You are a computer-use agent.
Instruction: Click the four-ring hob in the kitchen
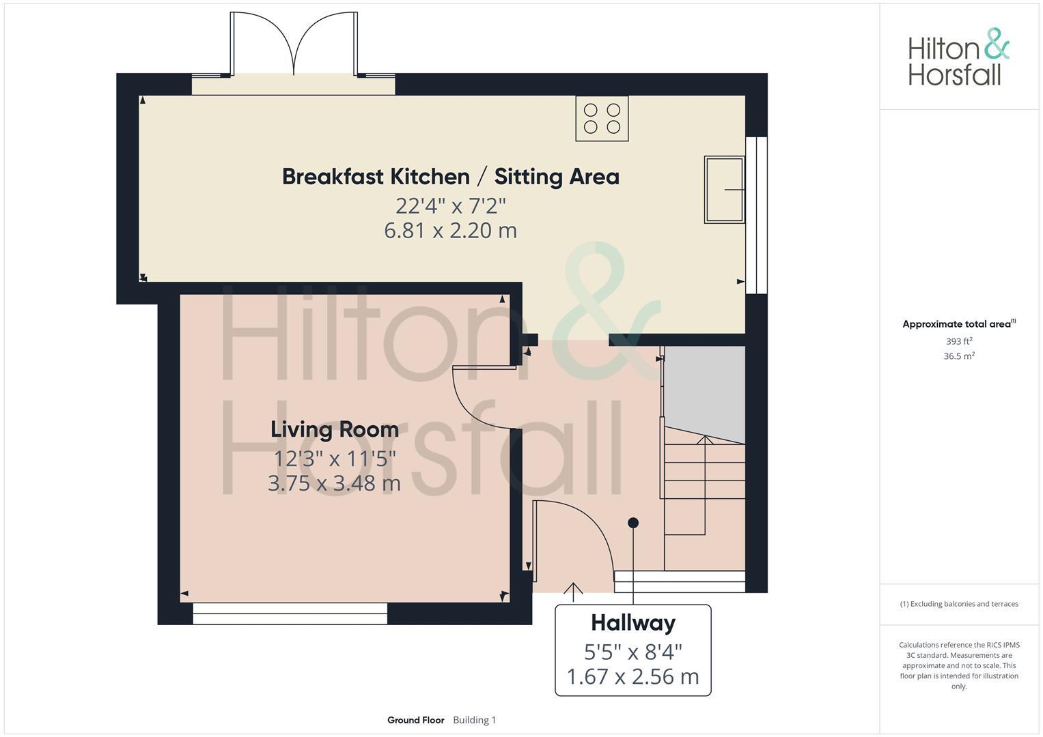(602, 119)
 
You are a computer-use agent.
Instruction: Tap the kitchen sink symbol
(724, 189)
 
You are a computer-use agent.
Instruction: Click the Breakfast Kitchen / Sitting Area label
(450, 177)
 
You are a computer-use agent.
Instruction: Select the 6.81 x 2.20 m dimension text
(450, 231)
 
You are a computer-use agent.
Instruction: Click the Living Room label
(334, 429)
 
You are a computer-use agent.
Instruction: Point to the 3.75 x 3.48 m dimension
(334, 484)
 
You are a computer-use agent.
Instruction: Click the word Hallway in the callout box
(632, 622)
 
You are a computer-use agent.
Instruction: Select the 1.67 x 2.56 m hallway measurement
(632, 676)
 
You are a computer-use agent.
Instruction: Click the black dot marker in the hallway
(633, 523)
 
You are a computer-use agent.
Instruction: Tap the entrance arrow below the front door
(573, 591)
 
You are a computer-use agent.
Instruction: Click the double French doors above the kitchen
(294, 44)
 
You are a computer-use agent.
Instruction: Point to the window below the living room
(290, 613)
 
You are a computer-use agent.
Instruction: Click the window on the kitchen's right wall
(756, 215)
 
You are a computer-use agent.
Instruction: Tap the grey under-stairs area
(704, 389)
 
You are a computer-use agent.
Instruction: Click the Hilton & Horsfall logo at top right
(958, 57)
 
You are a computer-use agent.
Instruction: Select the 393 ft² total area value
(959, 341)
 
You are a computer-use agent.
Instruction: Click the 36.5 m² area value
(959, 356)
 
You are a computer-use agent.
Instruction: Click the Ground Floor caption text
(415, 720)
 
